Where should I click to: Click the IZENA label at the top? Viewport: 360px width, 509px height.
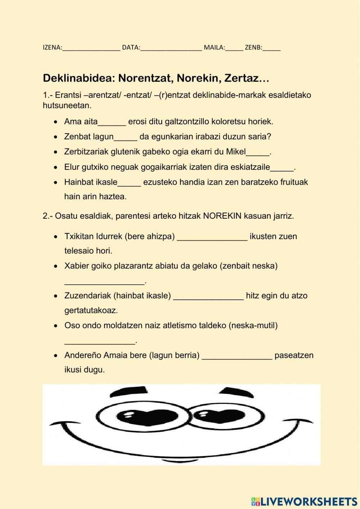pos(52,48)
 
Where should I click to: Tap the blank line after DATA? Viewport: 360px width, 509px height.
pos(171,48)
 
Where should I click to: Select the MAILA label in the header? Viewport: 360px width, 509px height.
pos(214,48)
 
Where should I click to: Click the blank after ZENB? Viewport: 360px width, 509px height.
pos(271,48)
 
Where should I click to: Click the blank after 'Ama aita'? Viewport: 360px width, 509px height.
pos(112,122)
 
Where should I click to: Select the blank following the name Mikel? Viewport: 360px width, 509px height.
pos(258,153)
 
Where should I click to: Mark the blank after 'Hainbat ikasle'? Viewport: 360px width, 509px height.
pos(129,183)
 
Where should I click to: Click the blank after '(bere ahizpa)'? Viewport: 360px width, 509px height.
pos(212,237)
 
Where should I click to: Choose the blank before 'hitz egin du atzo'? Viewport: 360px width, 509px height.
pos(208,297)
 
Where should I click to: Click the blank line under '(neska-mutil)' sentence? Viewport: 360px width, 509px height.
pos(100,341)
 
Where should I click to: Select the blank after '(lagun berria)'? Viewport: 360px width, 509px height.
pos(237,356)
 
